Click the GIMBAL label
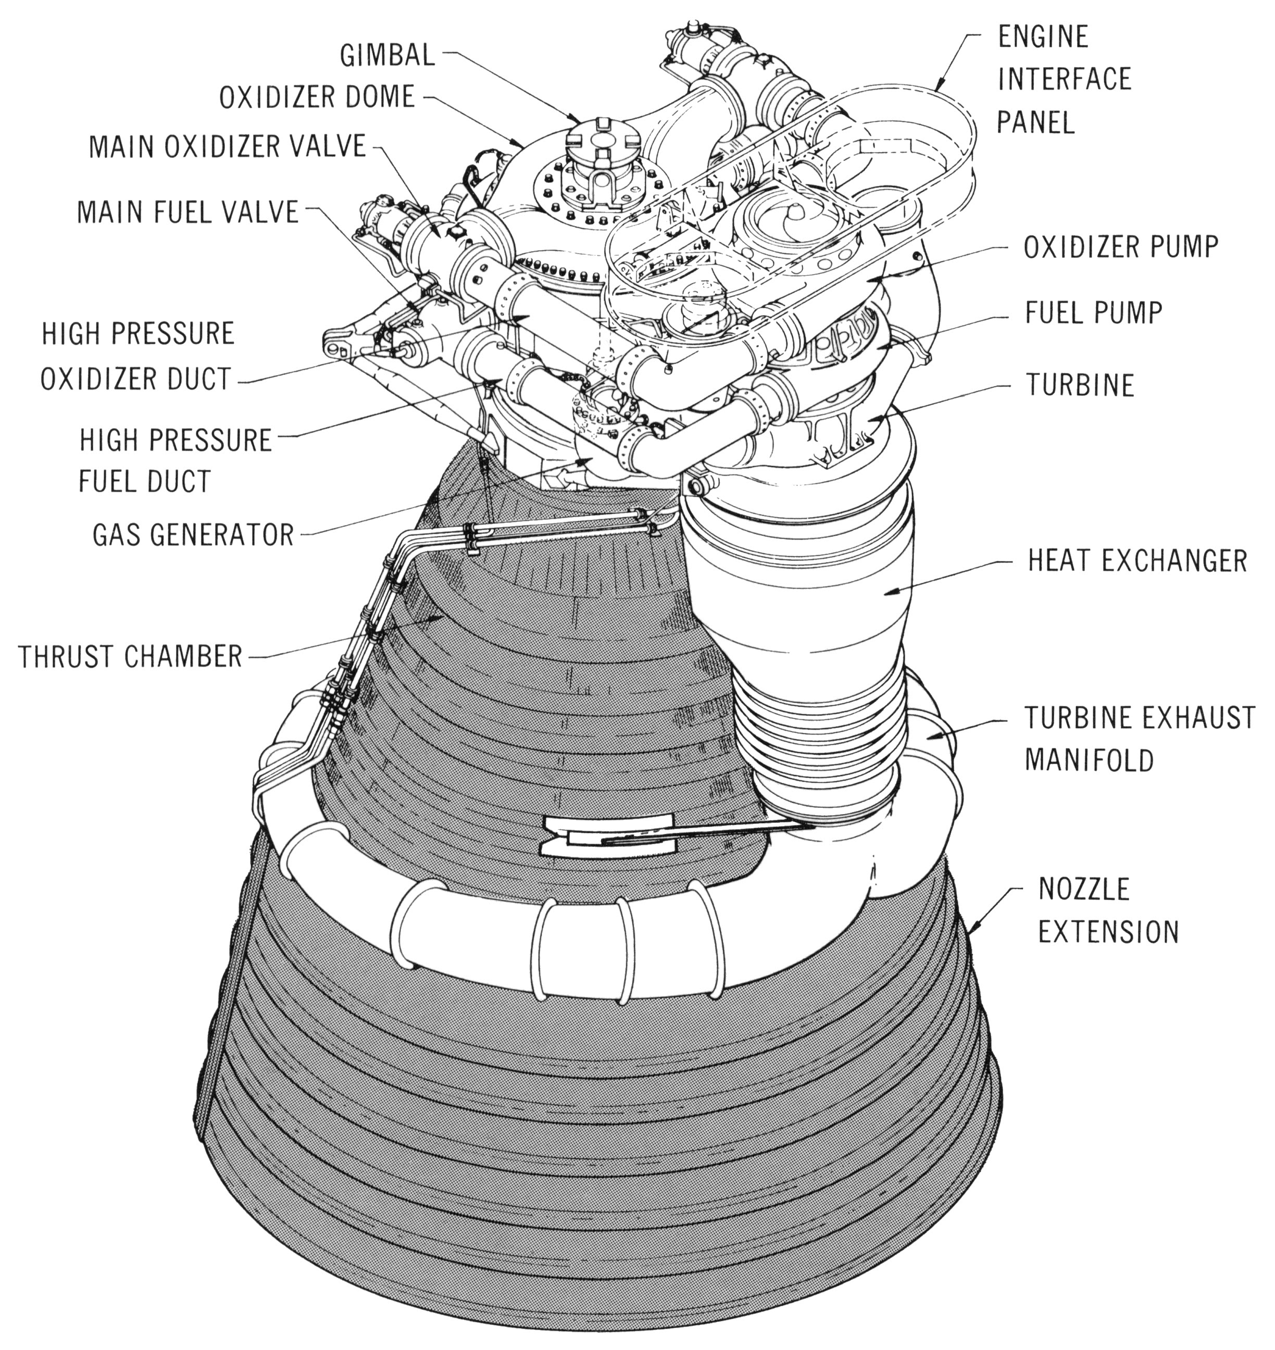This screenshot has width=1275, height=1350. tap(386, 55)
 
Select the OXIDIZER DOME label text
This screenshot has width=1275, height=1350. tap(317, 97)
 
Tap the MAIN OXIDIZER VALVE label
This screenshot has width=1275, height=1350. tap(228, 147)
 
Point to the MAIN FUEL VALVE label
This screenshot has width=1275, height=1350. tap(187, 212)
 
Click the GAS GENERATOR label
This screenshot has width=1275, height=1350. tap(193, 535)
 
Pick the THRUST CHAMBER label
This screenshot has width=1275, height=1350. tap(130, 657)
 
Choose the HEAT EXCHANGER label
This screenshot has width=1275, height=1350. tap(1137, 561)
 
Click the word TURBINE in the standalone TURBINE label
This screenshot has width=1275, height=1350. tap(1080, 385)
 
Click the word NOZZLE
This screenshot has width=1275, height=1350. tap(1083, 889)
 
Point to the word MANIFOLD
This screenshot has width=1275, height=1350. tap(1089, 760)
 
